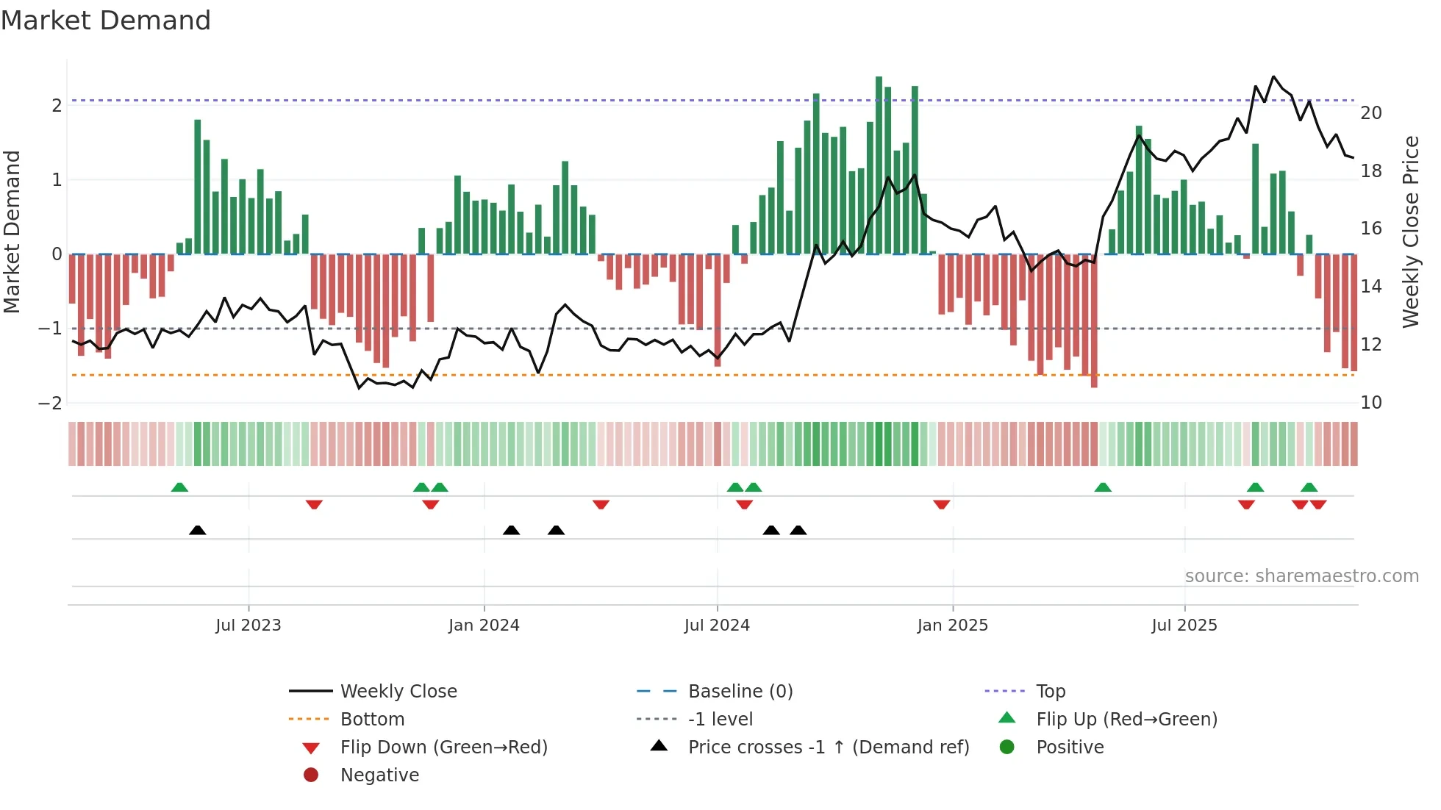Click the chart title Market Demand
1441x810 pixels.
point(106,21)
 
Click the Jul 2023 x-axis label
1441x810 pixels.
point(248,626)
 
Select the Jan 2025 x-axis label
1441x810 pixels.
point(953,626)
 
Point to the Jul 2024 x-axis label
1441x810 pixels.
point(717,626)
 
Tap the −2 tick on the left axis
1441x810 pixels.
point(50,403)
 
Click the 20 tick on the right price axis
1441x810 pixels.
point(1371,113)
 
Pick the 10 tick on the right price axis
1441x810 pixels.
point(1371,403)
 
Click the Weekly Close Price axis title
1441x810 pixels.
point(1410,232)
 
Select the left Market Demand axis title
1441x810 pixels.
point(12,232)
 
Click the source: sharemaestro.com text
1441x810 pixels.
point(1301,576)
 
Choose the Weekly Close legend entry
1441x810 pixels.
point(398,692)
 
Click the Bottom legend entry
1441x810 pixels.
point(372,720)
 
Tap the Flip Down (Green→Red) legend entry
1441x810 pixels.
point(443,748)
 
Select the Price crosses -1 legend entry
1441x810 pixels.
point(828,748)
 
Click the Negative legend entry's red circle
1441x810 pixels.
point(311,775)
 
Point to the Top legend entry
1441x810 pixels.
point(1051,692)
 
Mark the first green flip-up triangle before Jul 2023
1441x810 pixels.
point(179,487)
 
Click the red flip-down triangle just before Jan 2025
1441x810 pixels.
point(942,504)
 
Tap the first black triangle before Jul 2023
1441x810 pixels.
point(197,530)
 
